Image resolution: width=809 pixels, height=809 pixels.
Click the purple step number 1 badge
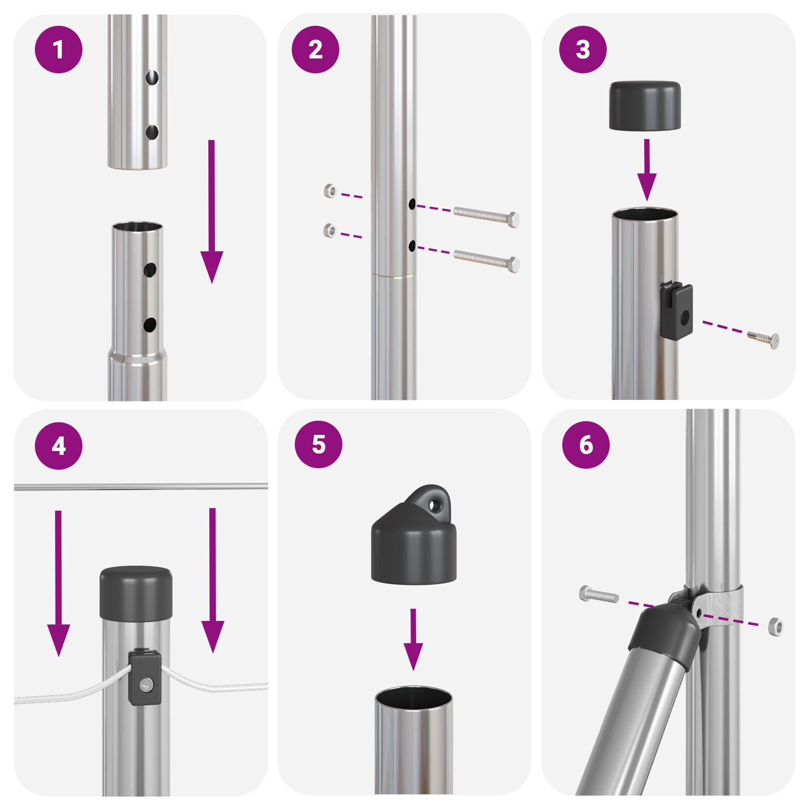pos(59,50)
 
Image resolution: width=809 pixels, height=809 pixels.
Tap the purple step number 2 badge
pos(316,50)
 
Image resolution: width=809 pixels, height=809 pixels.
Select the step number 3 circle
pos(583,50)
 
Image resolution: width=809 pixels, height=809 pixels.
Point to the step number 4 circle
pos(59,446)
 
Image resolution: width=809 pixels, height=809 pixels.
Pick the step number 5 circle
pos(319,444)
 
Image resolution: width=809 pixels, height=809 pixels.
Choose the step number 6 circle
pos(586,445)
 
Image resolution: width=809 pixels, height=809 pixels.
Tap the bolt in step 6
pos(599,595)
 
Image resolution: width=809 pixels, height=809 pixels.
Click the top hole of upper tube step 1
pos(152,77)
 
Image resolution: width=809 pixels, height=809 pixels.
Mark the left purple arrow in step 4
pos(59,581)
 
